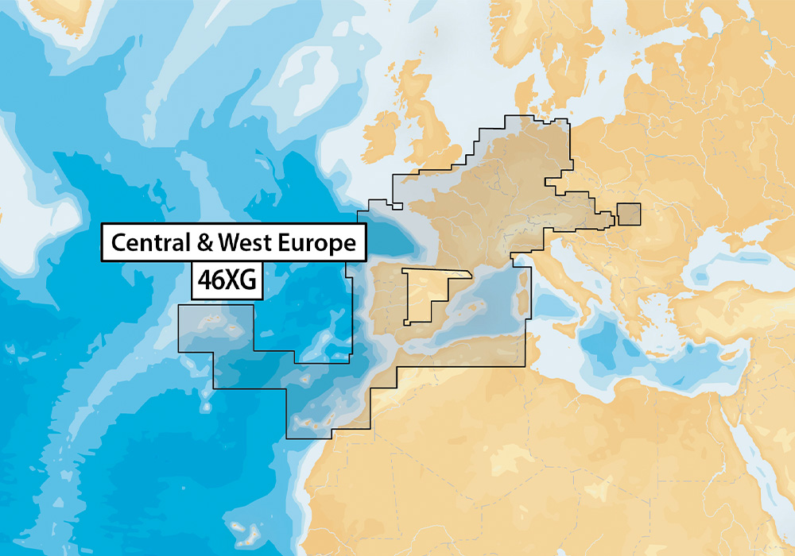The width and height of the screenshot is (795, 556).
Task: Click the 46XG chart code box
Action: tap(227, 282)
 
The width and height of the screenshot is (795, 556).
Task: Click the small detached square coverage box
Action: tap(628, 214)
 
